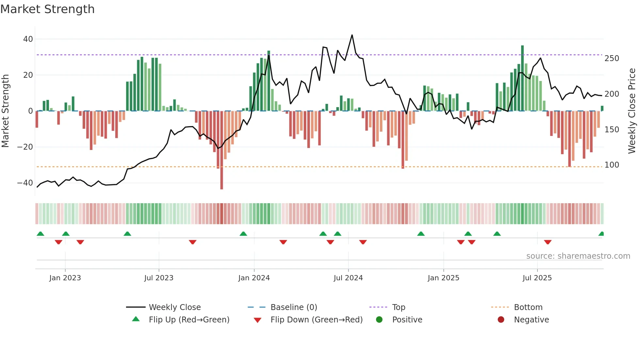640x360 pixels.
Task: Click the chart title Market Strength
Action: click(47, 9)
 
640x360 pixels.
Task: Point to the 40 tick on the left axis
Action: click(28, 39)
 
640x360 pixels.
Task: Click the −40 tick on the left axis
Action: click(25, 183)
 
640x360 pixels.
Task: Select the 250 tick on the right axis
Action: click(612, 58)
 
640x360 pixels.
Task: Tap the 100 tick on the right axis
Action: click(612, 165)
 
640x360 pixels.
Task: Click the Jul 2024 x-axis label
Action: click(348, 278)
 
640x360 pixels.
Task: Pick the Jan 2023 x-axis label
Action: click(65, 278)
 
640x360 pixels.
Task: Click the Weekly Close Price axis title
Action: click(632, 111)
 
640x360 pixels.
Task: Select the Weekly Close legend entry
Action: click(174, 307)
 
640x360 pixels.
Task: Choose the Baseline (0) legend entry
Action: click(294, 307)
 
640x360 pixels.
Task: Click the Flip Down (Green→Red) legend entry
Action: click(316, 320)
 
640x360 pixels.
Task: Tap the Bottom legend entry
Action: click(528, 307)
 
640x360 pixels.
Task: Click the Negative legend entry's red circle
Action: click(501, 320)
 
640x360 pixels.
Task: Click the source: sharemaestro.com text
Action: click(578, 256)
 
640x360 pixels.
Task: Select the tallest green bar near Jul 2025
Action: click(522, 78)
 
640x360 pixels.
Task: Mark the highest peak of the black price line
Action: click(352, 35)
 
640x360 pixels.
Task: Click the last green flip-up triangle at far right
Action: click(601, 234)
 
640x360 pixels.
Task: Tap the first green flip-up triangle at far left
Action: click(40, 234)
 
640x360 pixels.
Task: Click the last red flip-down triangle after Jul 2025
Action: click(548, 242)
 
